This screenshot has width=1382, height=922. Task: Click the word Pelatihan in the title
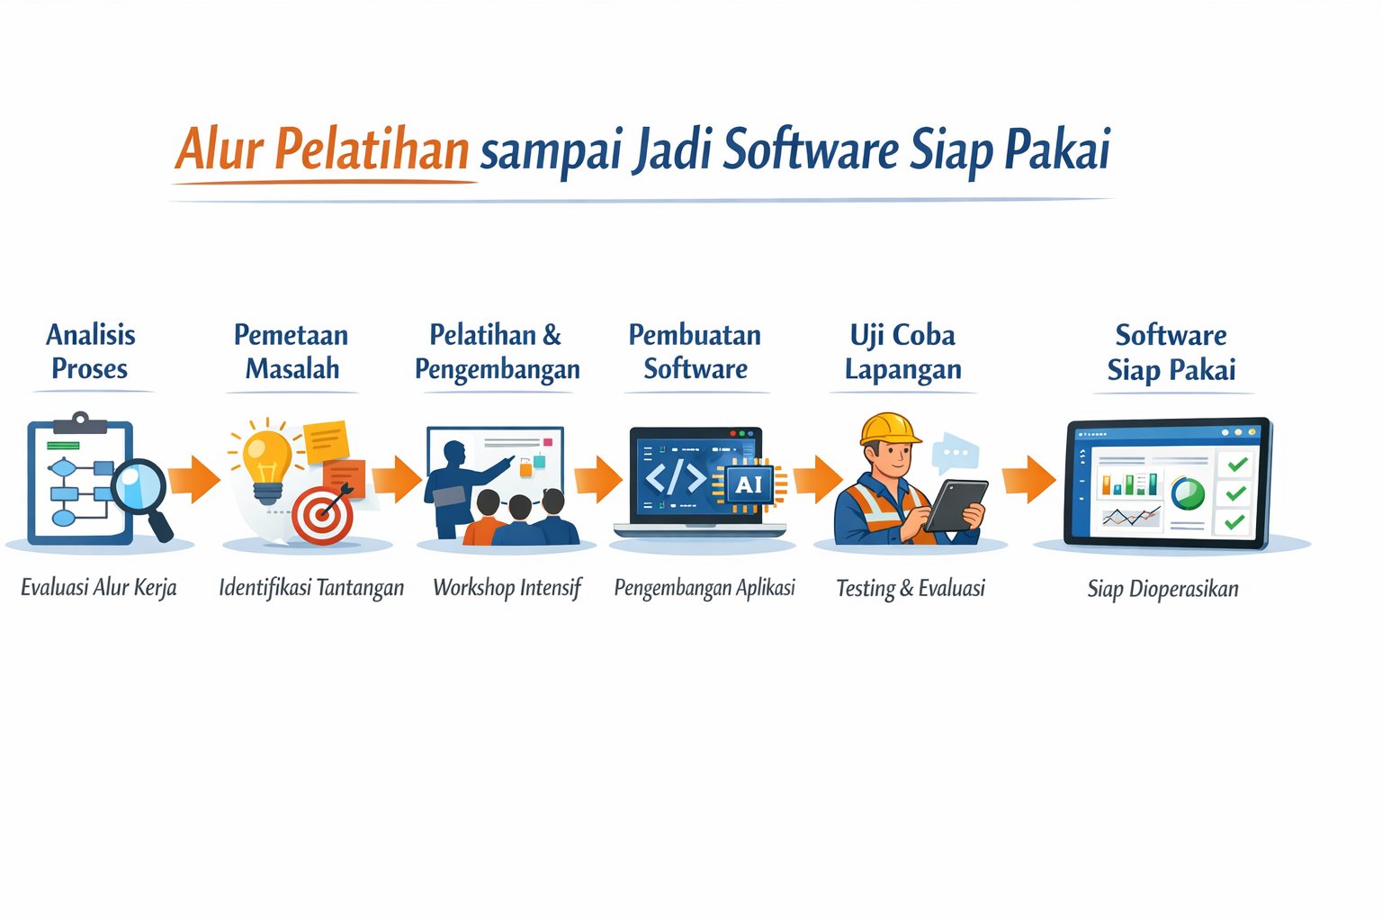(371, 149)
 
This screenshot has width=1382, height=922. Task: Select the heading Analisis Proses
(90, 351)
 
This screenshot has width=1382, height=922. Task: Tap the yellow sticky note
(327, 440)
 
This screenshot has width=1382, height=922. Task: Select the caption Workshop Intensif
(507, 588)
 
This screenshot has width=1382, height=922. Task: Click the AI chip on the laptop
(749, 485)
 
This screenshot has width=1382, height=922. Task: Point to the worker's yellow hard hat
(889, 429)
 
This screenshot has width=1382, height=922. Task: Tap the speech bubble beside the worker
(955, 453)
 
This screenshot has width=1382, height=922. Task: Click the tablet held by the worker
(956, 503)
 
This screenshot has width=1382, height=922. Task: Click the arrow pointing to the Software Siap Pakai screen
(1028, 479)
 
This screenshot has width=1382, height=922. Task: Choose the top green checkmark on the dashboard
(1237, 464)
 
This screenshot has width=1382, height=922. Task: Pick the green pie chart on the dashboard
(1188, 493)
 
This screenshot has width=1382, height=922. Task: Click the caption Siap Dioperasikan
(1162, 589)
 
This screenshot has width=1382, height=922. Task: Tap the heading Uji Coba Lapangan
(902, 351)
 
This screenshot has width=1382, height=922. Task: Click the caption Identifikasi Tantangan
(311, 588)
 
